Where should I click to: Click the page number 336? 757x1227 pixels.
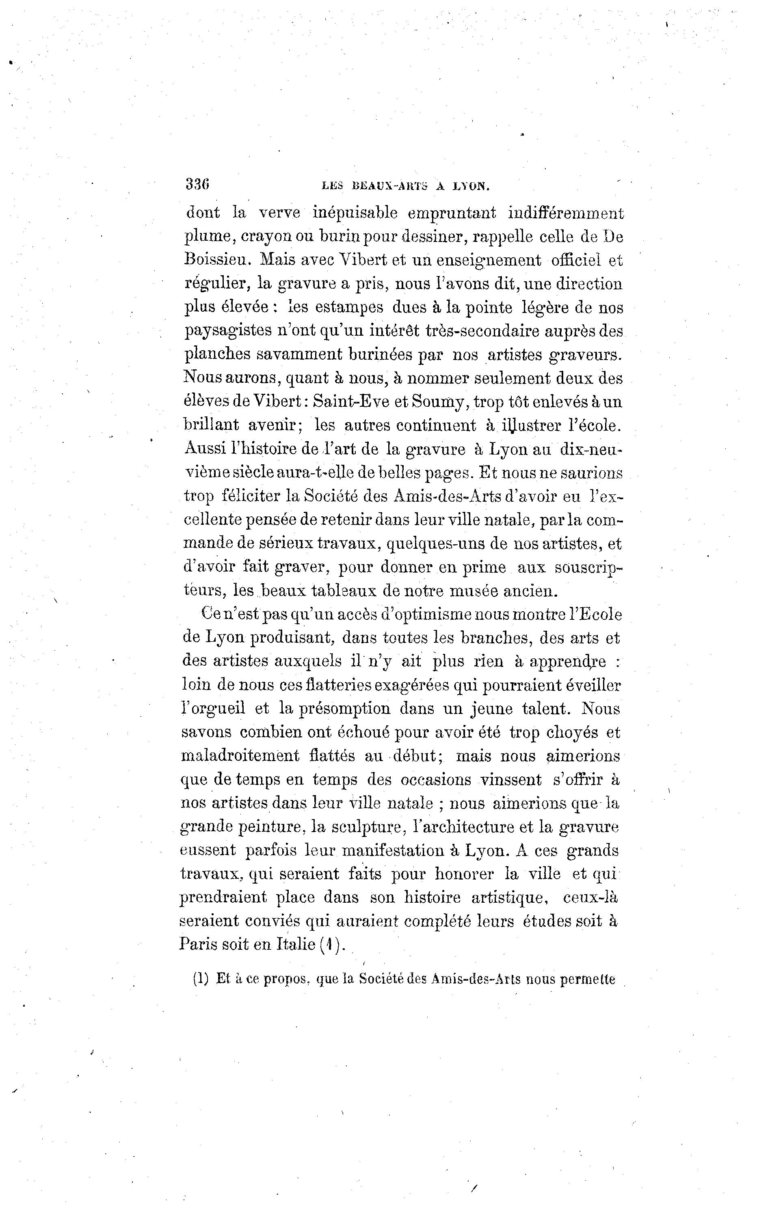point(197,184)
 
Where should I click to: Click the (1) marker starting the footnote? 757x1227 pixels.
point(200,979)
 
